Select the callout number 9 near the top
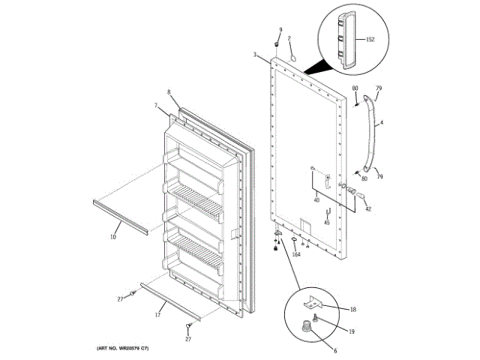[x=280, y=29]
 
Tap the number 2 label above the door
[x=290, y=38]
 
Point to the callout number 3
[x=255, y=55]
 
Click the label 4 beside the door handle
[x=381, y=123]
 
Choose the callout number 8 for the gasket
[x=169, y=92]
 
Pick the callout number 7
[x=156, y=106]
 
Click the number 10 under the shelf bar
[x=113, y=237]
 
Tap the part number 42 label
[x=367, y=209]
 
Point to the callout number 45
[x=327, y=223]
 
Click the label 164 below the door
[x=295, y=255]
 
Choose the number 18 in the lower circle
[x=353, y=308]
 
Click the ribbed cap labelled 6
[x=307, y=326]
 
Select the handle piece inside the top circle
[x=346, y=40]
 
